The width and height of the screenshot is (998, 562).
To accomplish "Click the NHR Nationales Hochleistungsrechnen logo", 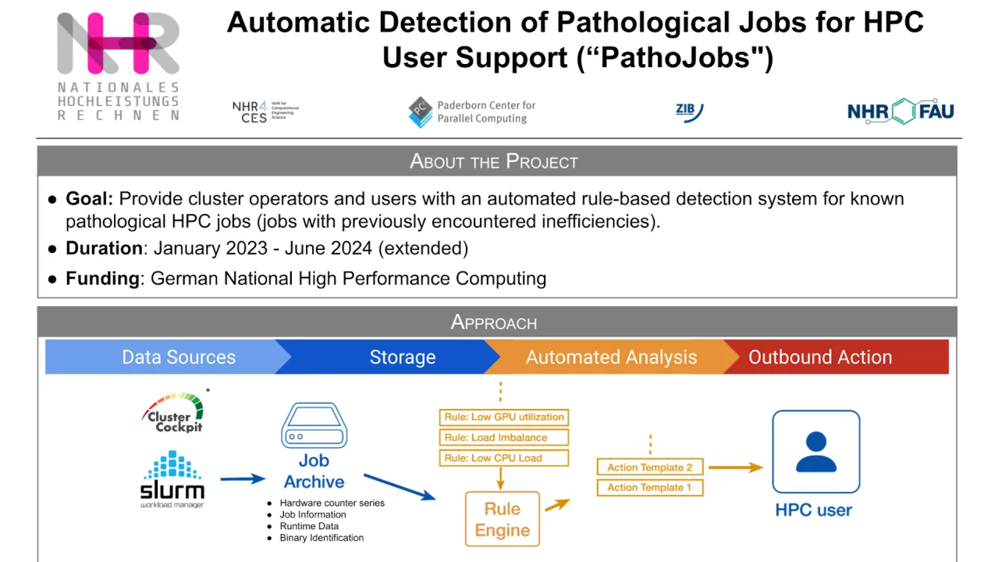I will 118,66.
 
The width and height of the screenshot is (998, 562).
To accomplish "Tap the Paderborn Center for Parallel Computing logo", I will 472,112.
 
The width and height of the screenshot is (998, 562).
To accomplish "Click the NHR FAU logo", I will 900,112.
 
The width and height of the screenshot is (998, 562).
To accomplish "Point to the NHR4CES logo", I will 265,112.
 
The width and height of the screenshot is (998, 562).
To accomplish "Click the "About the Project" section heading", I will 494,162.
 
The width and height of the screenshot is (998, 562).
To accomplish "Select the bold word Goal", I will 89,198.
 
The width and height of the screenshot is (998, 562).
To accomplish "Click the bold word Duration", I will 104,248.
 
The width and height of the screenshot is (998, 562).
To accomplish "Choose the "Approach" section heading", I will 494,322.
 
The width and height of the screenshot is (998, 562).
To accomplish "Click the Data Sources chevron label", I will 178,357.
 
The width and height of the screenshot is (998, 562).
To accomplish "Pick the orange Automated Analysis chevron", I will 611,357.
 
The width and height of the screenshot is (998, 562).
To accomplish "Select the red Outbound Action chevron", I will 819,357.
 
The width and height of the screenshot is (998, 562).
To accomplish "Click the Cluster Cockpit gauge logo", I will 174,413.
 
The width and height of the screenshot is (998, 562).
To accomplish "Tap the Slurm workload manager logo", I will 172,479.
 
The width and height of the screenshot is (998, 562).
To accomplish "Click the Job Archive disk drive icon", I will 314,426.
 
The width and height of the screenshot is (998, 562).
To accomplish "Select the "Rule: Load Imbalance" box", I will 504,438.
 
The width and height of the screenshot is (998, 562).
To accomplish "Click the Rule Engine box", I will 502,519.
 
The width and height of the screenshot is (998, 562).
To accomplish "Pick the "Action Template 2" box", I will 650,468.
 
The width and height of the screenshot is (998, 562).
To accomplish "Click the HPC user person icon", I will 815,452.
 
